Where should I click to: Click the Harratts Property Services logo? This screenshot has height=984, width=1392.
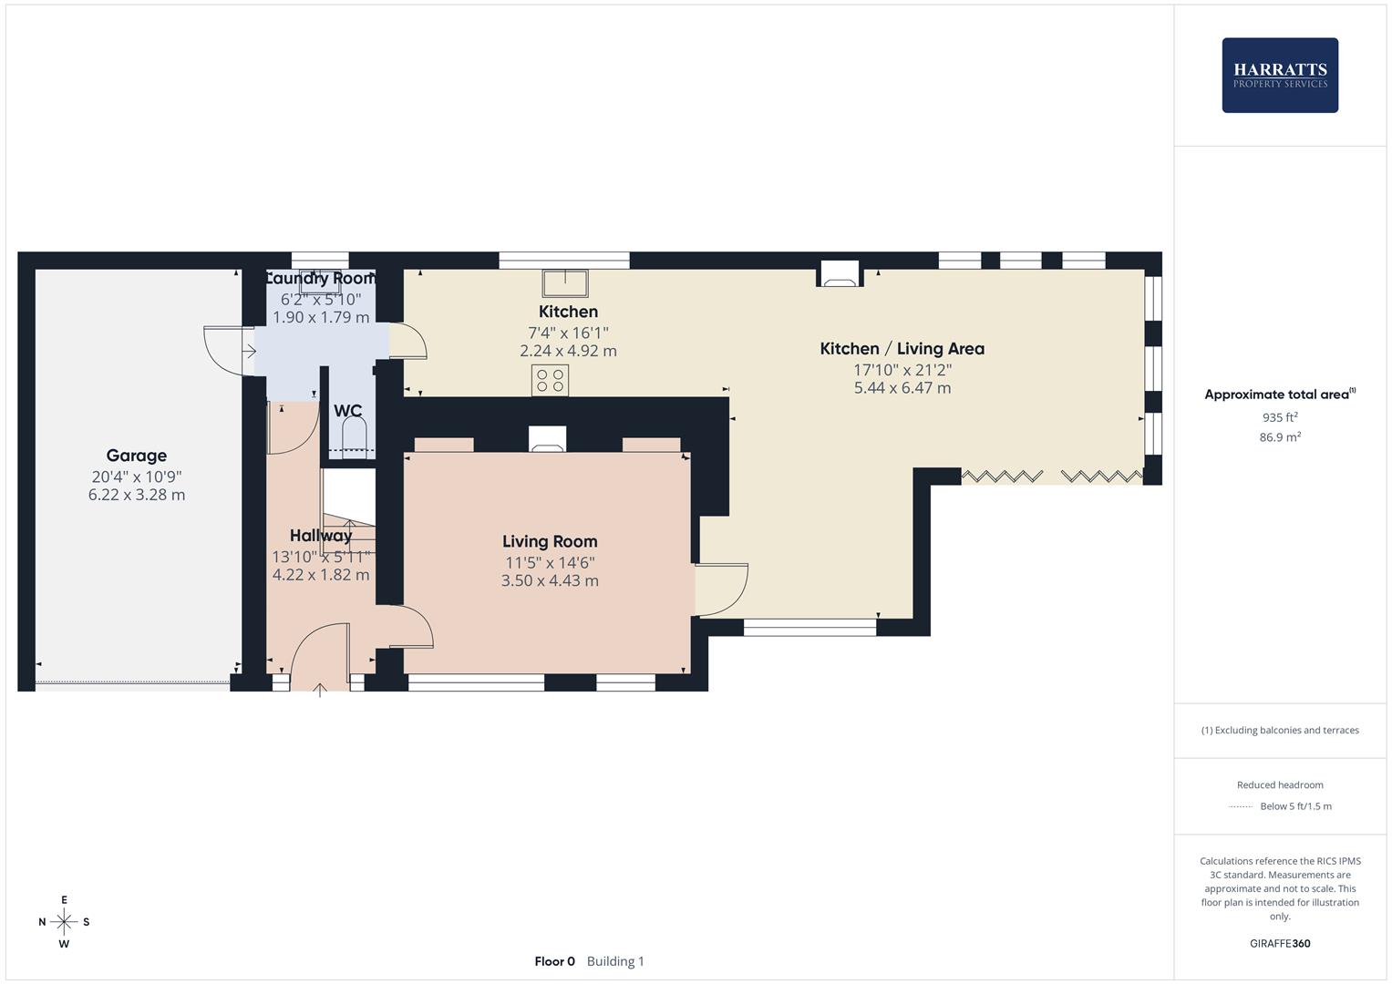1280,76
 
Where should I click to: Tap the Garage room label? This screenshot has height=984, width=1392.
137,456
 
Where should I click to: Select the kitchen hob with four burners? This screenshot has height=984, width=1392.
550,380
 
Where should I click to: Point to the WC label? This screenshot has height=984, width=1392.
347,411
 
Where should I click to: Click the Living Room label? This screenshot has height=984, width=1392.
550,541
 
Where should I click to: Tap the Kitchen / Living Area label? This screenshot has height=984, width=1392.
902,348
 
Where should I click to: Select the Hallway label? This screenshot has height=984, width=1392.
321,536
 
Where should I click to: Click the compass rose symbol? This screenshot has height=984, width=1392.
64,922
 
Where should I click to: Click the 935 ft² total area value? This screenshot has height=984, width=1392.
1280,417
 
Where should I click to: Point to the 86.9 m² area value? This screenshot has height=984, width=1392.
1280,437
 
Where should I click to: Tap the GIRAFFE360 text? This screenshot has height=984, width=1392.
1280,943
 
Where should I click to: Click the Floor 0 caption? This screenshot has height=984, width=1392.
554,961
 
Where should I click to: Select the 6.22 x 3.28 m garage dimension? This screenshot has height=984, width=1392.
137,495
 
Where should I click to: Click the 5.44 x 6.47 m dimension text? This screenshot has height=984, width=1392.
902,388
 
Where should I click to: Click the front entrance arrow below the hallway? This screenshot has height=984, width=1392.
320,690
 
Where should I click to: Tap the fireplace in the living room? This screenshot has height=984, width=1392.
547,439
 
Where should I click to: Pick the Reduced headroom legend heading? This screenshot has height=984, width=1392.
1280,784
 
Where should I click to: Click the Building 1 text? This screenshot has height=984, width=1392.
615,961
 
